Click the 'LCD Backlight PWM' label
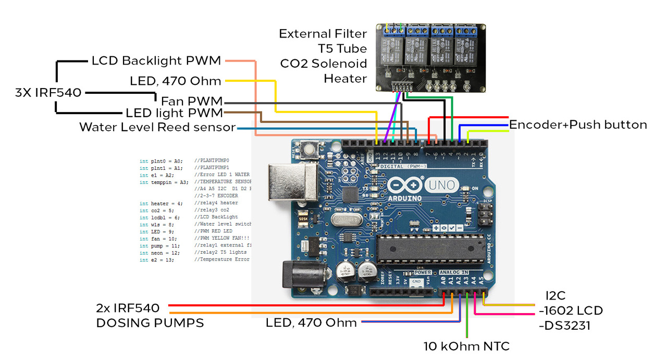156,60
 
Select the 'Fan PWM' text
192,101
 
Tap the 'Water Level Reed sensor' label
157,127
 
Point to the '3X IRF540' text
48,93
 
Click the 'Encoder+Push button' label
578,125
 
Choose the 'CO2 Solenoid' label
324,64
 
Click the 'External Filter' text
323,34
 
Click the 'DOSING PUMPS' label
150,323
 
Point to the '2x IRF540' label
128,308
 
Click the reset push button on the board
312,151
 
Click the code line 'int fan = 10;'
158,238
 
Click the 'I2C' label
555,296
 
